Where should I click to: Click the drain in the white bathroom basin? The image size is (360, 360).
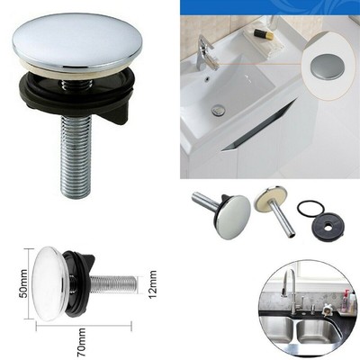tap(219, 110)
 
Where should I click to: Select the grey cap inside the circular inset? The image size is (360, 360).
tap(327, 66)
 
